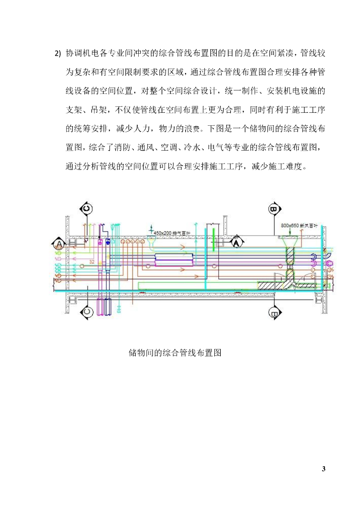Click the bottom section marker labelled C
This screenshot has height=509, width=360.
(x=86, y=312)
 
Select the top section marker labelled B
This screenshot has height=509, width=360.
(x=273, y=209)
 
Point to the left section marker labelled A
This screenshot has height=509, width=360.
(x=59, y=244)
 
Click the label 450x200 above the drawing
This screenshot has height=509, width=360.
(x=163, y=232)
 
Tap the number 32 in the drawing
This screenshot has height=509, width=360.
(x=91, y=261)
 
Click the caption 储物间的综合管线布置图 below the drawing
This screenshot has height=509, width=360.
(x=175, y=353)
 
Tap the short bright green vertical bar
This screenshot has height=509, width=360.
(x=214, y=238)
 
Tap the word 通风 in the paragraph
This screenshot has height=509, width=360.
(x=147, y=148)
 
